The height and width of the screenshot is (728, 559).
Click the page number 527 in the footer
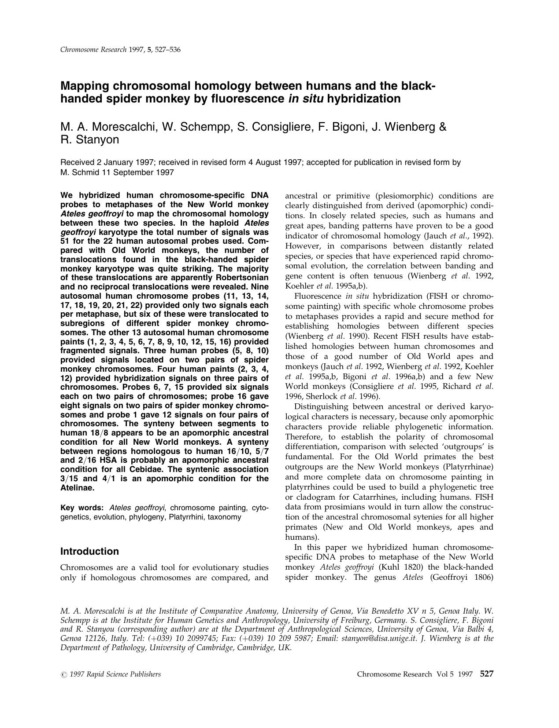coord(486,674)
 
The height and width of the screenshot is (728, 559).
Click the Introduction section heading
coord(89,551)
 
